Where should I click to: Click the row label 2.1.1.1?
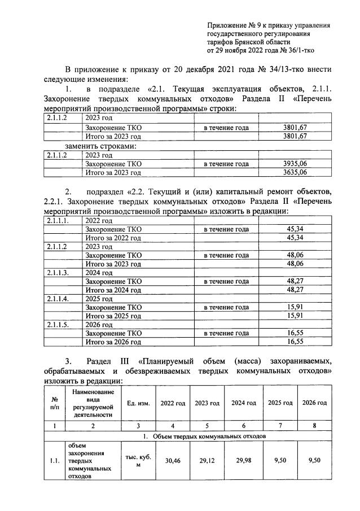pyautogui.click(x=58, y=221)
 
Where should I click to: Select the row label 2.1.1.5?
pyautogui.click(x=58, y=325)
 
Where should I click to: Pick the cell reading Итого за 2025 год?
pyautogui.click(x=113, y=316)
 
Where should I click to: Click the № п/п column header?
pyautogui.click(x=55, y=403)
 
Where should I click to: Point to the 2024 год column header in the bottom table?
pyautogui.click(x=243, y=403)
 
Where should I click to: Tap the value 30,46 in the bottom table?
pyautogui.click(x=172, y=460)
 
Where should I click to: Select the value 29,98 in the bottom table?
pyautogui.click(x=243, y=460)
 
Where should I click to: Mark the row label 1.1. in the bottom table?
pyautogui.click(x=55, y=460)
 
